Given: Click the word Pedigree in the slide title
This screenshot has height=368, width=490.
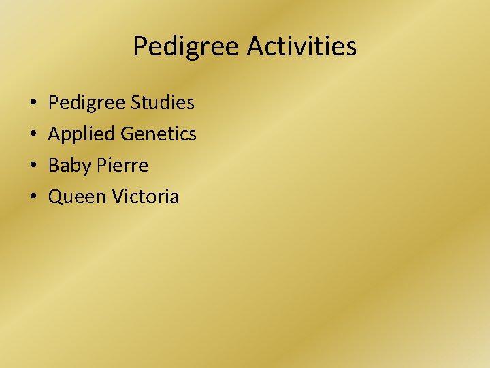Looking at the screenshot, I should tap(187, 47).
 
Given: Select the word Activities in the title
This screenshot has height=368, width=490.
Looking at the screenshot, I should tap(301, 46).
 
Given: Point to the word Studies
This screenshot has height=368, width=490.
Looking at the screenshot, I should tap(164, 103).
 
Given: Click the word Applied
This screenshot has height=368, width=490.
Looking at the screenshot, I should tap(82, 134).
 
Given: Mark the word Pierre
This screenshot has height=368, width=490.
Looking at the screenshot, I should tap(123, 165).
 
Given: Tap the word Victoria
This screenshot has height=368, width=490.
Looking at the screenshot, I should tap(146, 196).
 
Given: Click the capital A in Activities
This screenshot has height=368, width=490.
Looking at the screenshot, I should tap(255, 46).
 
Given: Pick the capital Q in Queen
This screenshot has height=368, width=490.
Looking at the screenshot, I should tap(56, 197).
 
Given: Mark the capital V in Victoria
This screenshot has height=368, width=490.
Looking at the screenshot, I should tap(118, 196).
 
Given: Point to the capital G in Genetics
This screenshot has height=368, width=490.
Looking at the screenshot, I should tap(127, 134).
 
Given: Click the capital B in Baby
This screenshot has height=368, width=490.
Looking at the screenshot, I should tap(54, 165).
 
